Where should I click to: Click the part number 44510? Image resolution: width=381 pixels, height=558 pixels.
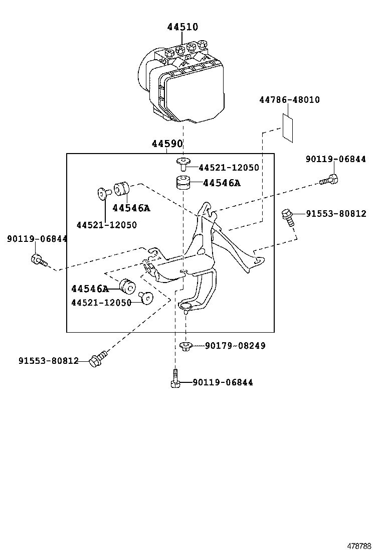coord(182,27)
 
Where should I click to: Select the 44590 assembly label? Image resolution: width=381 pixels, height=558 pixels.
coord(167,144)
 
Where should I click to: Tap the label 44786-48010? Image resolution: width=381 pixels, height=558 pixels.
coord(289,100)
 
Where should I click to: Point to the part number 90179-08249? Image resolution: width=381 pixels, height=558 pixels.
coord(235,346)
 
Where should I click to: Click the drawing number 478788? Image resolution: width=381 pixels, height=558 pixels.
coord(359,546)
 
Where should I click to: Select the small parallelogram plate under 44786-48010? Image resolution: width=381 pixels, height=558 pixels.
coord(288,127)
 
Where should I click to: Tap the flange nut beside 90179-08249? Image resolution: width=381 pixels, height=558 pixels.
coord(185,346)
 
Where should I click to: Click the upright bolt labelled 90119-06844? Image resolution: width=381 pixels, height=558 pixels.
coord(175,378)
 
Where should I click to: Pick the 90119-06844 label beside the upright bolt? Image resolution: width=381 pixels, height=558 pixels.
coord(223,382)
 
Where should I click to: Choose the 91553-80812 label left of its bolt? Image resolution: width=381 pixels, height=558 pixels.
coord(49,361)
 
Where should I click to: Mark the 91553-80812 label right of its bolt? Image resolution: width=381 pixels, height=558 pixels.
coord(336,214)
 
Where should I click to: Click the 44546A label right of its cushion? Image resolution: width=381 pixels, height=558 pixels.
coord(222,183)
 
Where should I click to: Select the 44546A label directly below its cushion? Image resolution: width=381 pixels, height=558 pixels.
coord(131,208)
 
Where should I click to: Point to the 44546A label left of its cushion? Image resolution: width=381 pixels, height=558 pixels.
coord(90,289)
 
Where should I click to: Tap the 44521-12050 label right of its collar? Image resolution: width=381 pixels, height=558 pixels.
coord(229,168)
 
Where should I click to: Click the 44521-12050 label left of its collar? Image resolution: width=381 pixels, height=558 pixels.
coord(101,303)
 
